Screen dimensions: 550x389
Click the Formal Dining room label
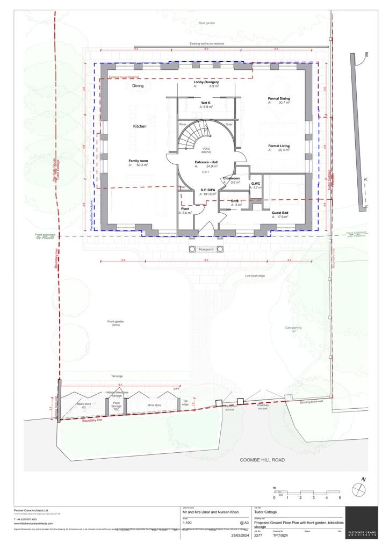point(279,99)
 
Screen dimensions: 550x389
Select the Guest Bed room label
point(280,213)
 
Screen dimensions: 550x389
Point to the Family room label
point(138,161)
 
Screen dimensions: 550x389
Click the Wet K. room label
point(206,103)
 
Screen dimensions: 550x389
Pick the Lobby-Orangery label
point(206,82)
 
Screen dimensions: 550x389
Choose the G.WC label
point(256,184)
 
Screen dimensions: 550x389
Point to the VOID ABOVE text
point(206,151)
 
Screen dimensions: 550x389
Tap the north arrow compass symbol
point(358,489)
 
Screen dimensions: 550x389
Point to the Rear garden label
point(206,23)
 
